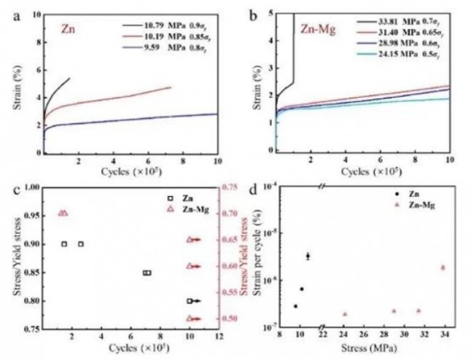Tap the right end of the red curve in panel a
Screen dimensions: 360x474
pyautogui.click(x=171, y=87)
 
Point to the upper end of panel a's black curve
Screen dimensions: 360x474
pyautogui.click(x=69, y=78)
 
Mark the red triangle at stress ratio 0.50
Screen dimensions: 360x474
pyautogui.click(x=190, y=318)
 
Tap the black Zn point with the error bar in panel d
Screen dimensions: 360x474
pyautogui.click(x=308, y=256)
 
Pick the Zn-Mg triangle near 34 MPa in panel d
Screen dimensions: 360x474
pyautogui.click(x=443, y=267)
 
